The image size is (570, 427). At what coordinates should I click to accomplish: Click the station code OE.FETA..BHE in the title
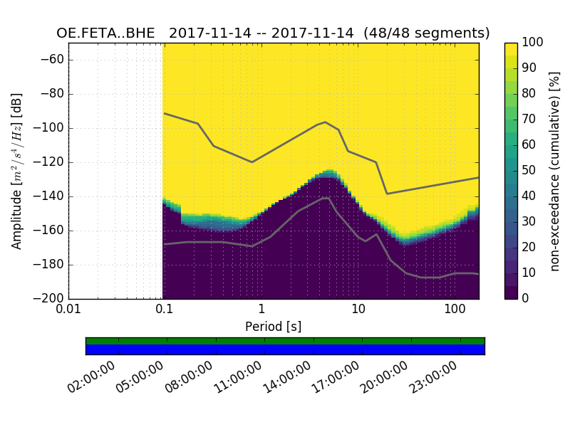click(108, 33)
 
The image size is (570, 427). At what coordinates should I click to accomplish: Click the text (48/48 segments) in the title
click(426, 33)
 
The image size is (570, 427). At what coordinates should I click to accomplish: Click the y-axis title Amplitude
click(16, 171)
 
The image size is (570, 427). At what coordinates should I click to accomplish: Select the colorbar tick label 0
click(527, 299)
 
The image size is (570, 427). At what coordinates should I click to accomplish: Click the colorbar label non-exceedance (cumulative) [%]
click(555, 171)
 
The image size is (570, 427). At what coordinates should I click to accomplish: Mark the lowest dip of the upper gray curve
click(387, 194)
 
